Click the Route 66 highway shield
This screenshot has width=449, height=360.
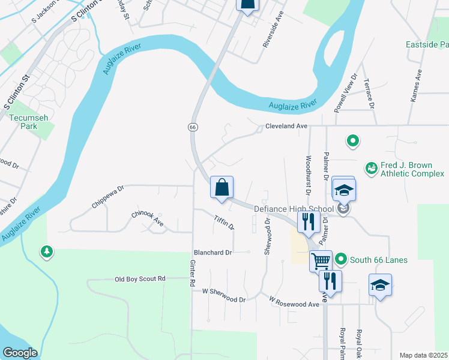(192, 127)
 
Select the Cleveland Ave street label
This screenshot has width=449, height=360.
(286, 127)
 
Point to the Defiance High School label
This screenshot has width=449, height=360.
(293, 209)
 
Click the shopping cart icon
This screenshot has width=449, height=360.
(321, 261)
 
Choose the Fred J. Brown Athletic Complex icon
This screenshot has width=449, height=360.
(372, 169)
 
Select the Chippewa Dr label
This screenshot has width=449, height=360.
(108, 196)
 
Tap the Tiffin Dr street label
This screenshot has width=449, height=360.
(224, 223)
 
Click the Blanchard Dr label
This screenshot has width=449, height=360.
(212, 253)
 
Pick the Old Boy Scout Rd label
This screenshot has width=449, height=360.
(139, 279)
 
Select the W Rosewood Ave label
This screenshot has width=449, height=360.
(294, 301)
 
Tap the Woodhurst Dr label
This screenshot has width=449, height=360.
(308, 176)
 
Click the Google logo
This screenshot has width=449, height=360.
(20, 353)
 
